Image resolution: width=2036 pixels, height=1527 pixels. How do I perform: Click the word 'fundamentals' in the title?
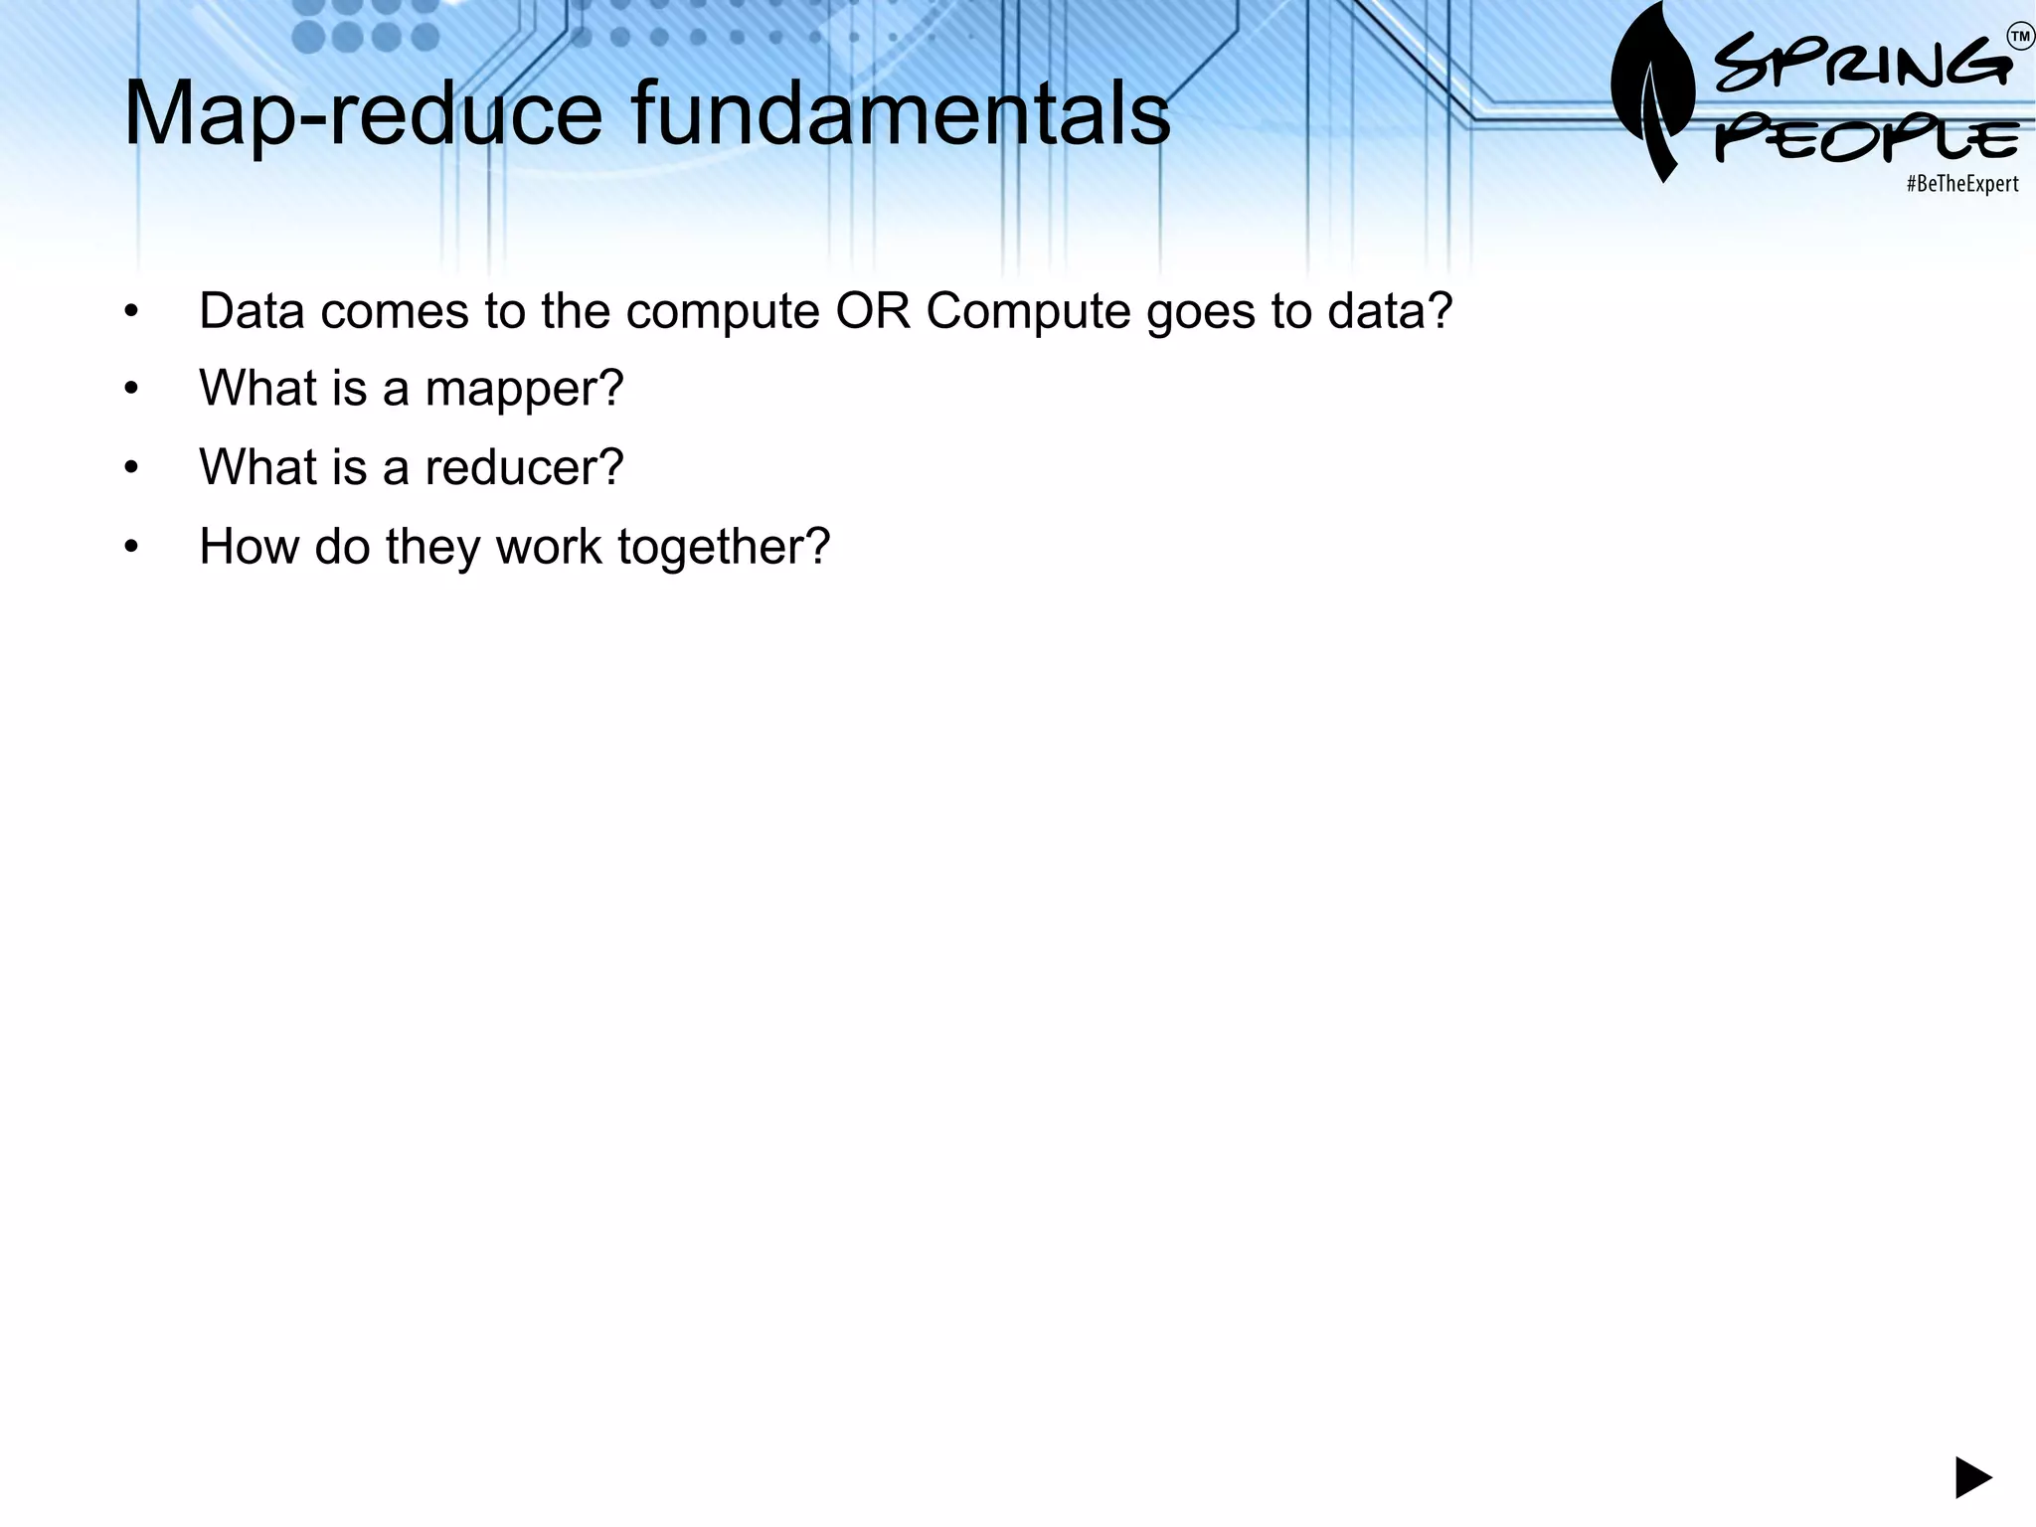coord(901,113)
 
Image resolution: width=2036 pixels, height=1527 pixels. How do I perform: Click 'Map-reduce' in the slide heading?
coord(363,115)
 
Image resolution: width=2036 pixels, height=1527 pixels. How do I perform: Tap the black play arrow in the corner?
coord(1972,1477)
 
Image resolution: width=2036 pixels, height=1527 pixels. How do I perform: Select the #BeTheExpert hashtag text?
coord(1961,184)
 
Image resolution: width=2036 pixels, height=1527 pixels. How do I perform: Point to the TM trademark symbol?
coord(2020,38)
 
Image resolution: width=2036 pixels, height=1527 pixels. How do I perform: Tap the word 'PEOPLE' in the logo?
coord(1867,139)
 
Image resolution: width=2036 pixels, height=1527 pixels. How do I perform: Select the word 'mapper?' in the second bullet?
coord(524,389)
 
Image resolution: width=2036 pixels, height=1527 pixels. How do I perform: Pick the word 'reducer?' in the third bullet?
coord(524,467)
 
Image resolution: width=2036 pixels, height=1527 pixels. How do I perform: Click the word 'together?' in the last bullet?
coord(724,547)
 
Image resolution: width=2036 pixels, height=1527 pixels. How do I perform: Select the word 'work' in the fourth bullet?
coord(549,547)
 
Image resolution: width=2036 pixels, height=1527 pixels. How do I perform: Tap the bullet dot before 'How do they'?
coord(131,548)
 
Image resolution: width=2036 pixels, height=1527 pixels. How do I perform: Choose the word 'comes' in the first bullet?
coord(395,311)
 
